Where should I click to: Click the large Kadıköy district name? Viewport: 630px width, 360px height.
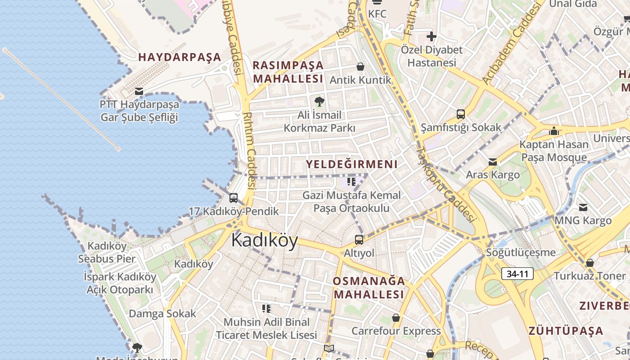pos(265,240)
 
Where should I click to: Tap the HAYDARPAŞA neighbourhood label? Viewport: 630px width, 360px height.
pos(180,57)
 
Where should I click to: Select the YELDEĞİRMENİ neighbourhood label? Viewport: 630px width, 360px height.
pos(352,164)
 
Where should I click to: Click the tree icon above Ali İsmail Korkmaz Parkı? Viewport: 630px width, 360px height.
pos(319,101)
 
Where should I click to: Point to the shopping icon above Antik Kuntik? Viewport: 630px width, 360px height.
pos(360,67)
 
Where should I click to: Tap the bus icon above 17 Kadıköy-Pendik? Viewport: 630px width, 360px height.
pos(234,198)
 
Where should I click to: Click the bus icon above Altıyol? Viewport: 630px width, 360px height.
pos(359,239)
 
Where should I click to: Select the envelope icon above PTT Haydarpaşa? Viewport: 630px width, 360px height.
pos(139,91)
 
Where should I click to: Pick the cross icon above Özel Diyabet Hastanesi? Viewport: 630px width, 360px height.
pos(432,36)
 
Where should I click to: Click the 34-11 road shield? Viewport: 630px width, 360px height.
pos(517,273)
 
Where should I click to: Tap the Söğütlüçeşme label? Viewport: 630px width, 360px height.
pos(521,252)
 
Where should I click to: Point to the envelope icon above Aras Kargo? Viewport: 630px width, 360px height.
pos(493,162)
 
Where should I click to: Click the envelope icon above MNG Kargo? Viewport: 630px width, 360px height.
pos(583,207)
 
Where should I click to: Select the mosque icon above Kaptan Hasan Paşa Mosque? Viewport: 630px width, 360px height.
pos(554,131)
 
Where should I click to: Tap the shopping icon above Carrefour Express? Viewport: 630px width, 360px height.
pos(396,318)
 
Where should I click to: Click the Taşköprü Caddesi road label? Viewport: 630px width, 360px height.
pos(445,184)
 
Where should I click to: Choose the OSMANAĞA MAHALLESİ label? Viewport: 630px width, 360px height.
pos(369,288)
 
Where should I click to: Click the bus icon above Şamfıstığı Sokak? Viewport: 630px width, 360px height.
pos(461,114)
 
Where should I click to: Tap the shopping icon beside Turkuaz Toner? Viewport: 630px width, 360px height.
pos(589,263)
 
